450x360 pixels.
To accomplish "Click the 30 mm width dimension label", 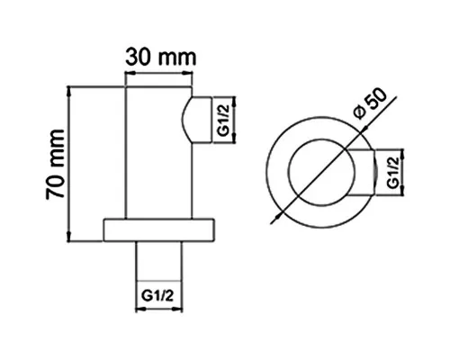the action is click(x=161, y=58).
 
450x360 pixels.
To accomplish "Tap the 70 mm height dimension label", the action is click(x=55, y=164).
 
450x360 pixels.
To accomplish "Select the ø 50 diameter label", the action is click(x=370, y=103).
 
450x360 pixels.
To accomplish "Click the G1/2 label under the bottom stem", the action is click(x=157, y=296).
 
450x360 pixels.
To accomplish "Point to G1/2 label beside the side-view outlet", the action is click(x=224, y=121).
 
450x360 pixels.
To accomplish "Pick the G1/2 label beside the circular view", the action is click(x=393, y=172).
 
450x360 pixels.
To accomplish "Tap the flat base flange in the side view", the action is click(x=159, y=230).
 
